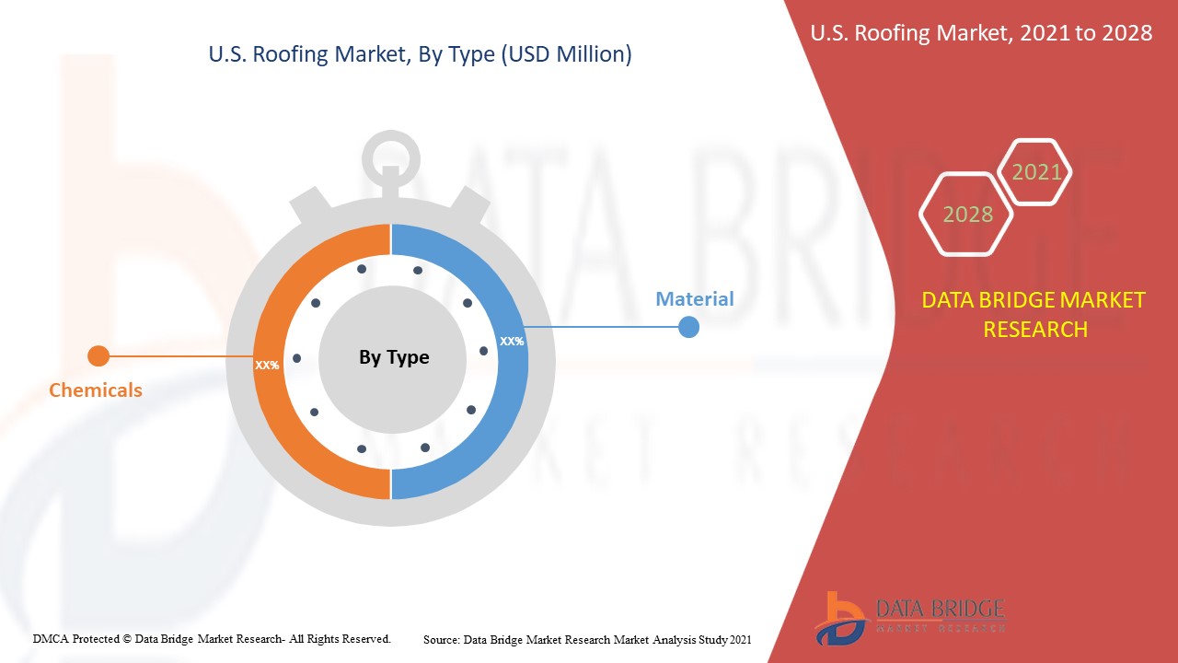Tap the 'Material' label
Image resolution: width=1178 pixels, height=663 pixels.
pyautogui.click(x=694, y=299)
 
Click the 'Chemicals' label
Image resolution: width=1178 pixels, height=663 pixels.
pyautogui.click(x=96, y=390)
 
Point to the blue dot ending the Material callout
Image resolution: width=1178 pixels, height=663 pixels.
pyautogui.click(x=688, y=327)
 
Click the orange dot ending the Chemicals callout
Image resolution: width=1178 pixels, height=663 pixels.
pyautogui.click(x=98, y=356)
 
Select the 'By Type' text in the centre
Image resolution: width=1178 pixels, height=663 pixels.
pyautogui.click(x=394, y=357)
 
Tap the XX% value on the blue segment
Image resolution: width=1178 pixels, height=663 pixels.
pyautogui.click(x=512, y=342)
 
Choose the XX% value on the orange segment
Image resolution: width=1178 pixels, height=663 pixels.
pyautogui.click(x=267, y=366)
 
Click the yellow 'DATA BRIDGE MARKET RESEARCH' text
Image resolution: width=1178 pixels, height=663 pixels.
pyautogui.click(x=1034, y=315)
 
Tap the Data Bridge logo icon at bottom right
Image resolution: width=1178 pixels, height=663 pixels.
pyautogui.click(x=839, y=620)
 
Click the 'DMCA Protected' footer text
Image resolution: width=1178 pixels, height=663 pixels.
pyautogui.click(x=212, y=639)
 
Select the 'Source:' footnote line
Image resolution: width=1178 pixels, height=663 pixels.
pyautogui.click(x=587, y=640)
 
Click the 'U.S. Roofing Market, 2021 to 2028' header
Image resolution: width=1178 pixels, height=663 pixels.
pyautogui.click(x=981, y=33)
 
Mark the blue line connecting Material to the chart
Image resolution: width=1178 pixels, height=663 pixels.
pyautogui.click(x=603, y=327)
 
